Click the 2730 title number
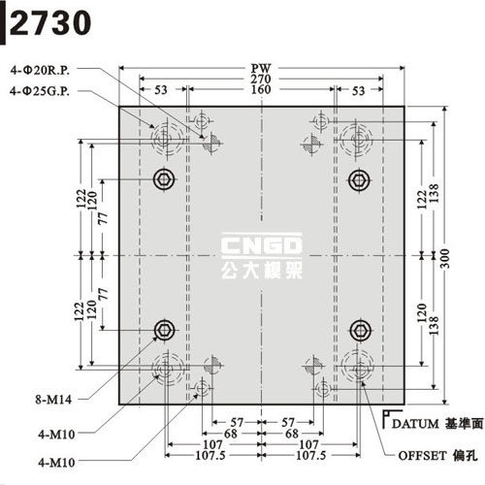[x=50, y=22]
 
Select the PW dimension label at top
[x=261, y=68]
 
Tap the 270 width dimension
[x=261, y=79]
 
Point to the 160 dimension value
[x=261, y=89]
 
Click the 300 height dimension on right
[x=445, y=258]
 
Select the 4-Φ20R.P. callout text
[x=40, y=70]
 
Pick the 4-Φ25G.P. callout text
[x=40, y=91]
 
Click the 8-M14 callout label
[x=53, y=400]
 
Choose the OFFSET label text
[x=422, y=456]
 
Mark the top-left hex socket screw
[x=164, y=179]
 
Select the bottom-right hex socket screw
[x=360, y=331]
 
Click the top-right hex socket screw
[x=359, y=179]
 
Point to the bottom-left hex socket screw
[x=165, y=330]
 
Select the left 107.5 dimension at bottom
[x=210, y=456]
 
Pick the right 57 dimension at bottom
[x=288, y=422]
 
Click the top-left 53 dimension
[x=161, y=90]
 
